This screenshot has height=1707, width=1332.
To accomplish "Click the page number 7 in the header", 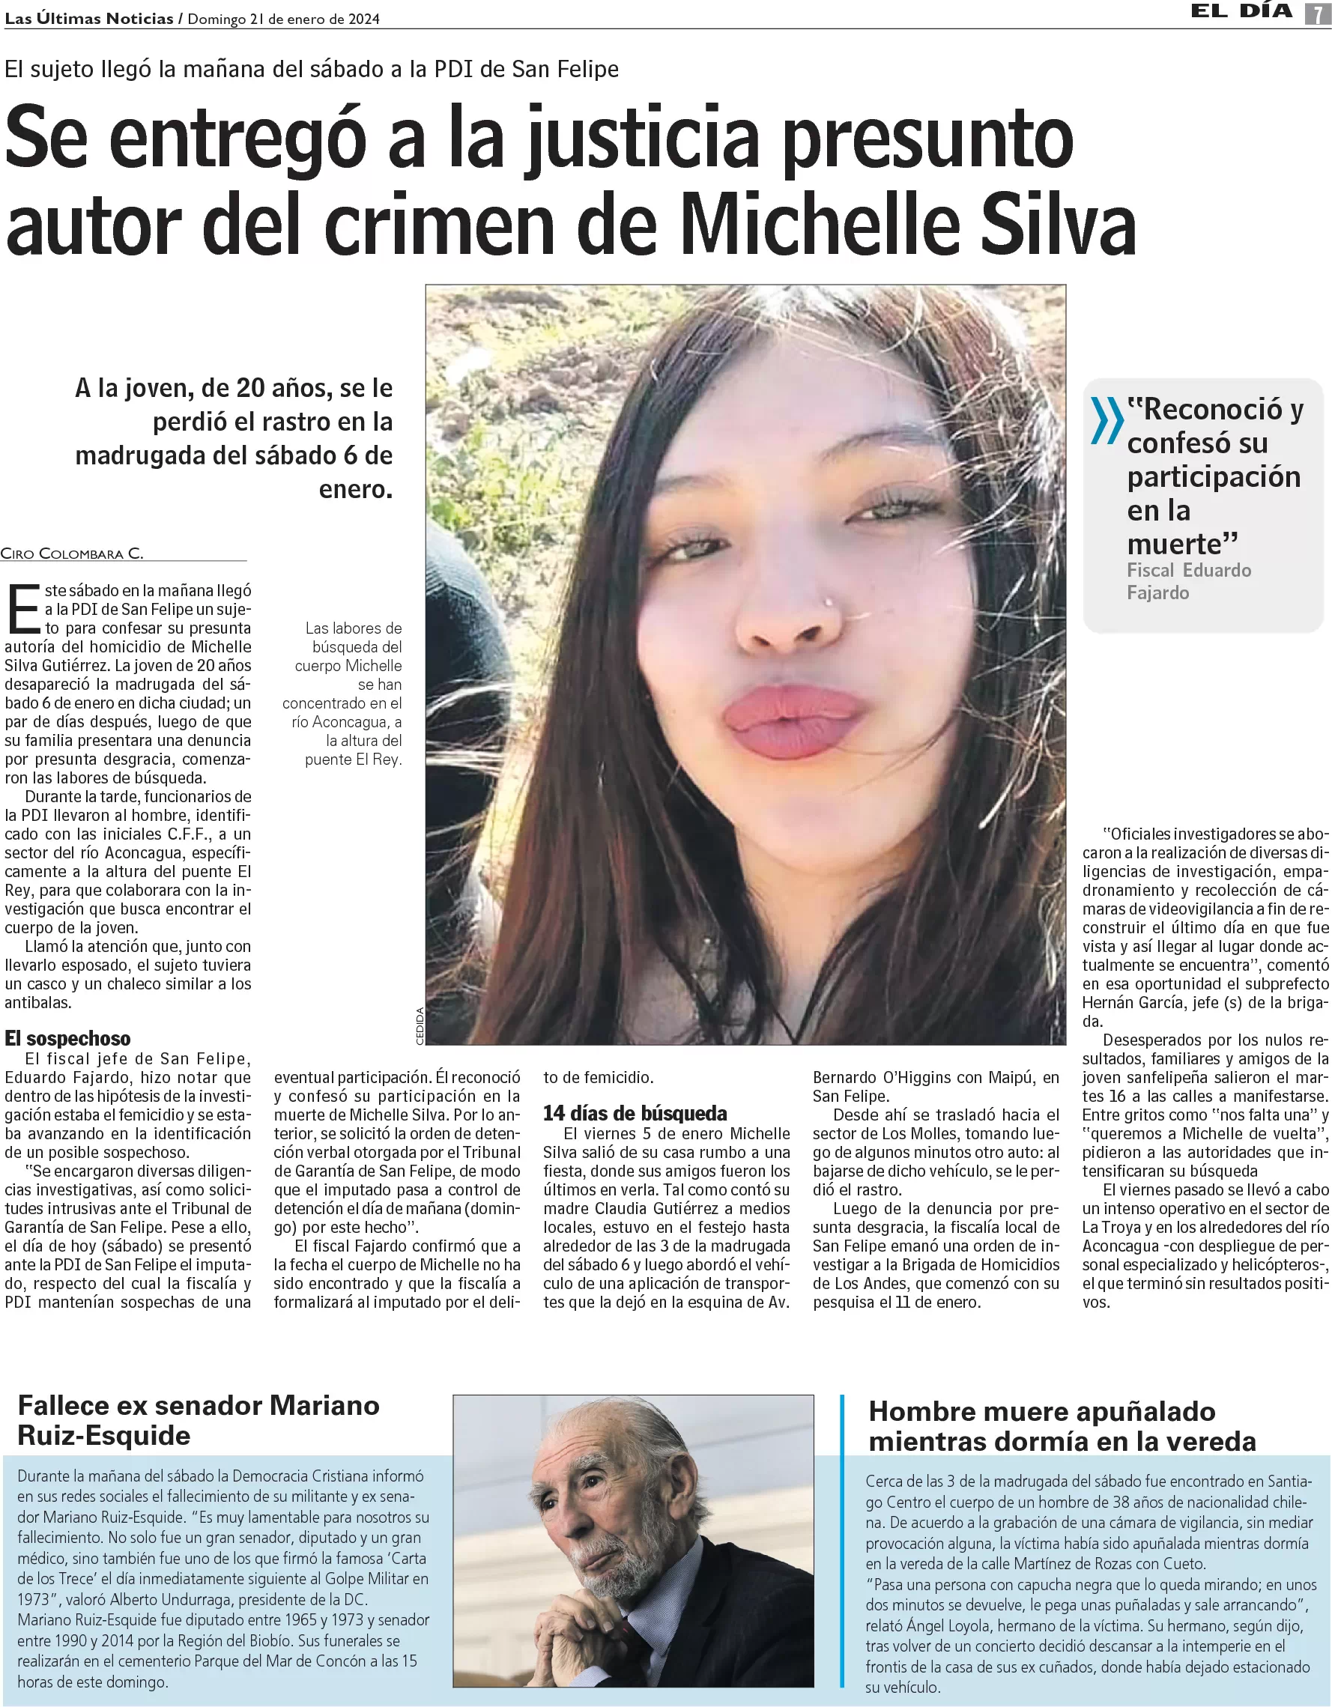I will click(x=1317, y=13).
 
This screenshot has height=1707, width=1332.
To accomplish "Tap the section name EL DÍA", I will click(x=1241, y=12).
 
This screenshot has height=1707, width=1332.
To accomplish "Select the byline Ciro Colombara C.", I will click(x=72, y=554).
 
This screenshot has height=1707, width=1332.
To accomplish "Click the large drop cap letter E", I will click(x=22, y=610).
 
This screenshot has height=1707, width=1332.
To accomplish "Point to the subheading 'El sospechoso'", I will click(x=67, y=1038).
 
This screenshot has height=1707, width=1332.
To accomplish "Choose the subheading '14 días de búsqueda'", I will click(x=635, y=1113).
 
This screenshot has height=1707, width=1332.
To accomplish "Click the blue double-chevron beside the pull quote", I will click(x=1106, y=419).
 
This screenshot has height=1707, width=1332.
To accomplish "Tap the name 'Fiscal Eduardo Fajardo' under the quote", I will click(x=1188, y=580).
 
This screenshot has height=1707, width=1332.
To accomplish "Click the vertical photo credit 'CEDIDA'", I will click(x=420, y=1025).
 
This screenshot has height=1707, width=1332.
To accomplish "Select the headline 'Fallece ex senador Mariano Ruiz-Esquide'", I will click(x=198, y=1419).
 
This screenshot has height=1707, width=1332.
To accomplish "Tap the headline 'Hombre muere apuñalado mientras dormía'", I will click(x=1062, y=1425).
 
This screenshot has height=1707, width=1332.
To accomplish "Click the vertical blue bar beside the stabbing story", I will click(x=842, y=1540).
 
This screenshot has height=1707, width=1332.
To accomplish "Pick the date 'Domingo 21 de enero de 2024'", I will click(x=284, y=19).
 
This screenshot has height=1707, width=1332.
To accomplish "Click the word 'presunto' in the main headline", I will click(x=928, y=139).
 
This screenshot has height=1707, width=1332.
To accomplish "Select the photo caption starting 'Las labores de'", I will click(x=344, y=694).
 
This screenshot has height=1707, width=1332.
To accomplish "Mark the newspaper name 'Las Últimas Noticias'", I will click(x=89, y=19).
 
